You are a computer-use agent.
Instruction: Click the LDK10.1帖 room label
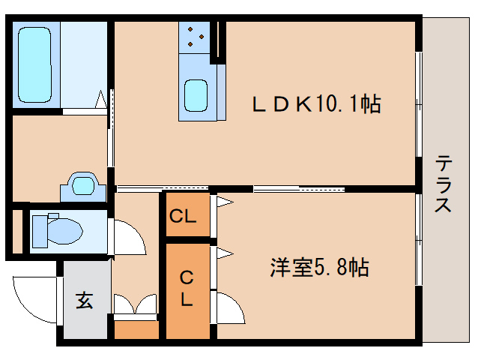coord(315,103)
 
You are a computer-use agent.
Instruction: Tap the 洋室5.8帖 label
coord(319,267)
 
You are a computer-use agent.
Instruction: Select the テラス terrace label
coord(444,184)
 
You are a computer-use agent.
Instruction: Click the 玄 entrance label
coord(84,302)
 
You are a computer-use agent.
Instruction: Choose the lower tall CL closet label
coord(186,289)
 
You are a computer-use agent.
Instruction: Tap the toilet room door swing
coord(127,238)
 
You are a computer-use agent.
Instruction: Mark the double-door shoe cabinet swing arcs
coord(135,306)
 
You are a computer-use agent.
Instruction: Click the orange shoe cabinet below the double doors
coord(136,328)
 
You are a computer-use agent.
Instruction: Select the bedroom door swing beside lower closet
coord(229,308)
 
